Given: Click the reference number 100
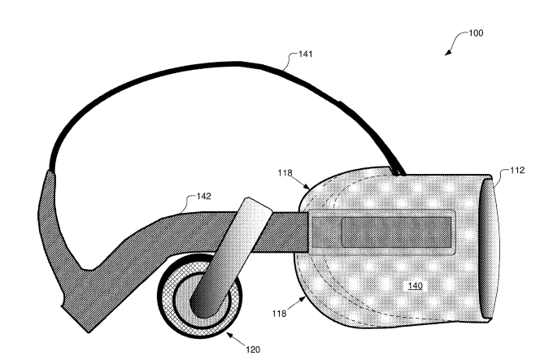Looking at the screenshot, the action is tap(476, 33).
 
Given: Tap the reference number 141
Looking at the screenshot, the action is tap(306, 54).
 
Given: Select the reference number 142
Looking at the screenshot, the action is tap(204, 196).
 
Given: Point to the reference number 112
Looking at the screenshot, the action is tap(517, 170).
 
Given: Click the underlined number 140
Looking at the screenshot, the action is tap(415, 285).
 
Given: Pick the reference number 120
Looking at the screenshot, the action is tap(253, 349).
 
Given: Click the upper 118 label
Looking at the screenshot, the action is tap(285, 173).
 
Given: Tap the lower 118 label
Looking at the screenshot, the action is tap(279, 313).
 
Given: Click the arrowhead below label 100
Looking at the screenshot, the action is tap(448, 53).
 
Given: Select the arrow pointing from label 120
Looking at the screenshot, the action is tap(237, 339).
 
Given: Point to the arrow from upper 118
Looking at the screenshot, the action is tap(301, 183).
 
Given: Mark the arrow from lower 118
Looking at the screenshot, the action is tap(296, 303).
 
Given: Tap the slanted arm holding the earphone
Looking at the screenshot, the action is tap(230, 257).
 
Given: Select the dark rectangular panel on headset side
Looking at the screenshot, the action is tap(396, 232).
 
